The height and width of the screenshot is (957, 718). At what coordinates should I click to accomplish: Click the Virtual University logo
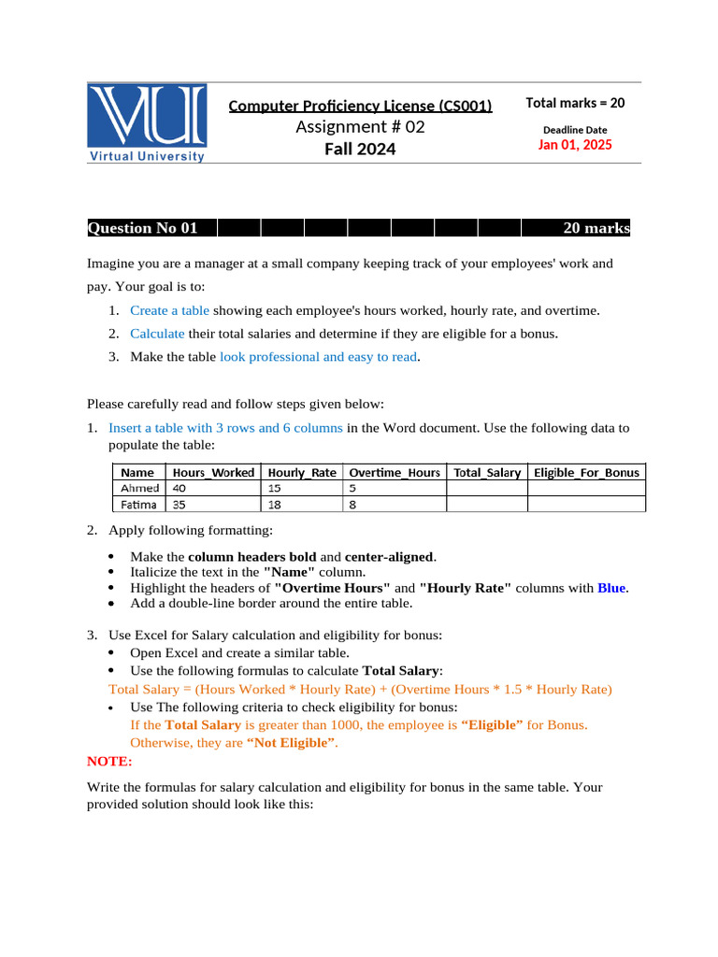[x=147, y=122]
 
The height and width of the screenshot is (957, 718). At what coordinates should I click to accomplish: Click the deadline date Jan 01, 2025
[x=575, y=145]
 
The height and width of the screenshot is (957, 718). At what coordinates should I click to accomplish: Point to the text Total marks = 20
[x=575, y=103]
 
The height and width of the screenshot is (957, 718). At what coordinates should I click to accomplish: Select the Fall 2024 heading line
[x=360, y=149]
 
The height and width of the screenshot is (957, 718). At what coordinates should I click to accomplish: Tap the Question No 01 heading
[x=143, y=228]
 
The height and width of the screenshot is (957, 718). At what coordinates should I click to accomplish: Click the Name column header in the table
[x=138, y=473]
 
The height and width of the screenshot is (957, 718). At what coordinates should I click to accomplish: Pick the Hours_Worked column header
[x=213, y=473]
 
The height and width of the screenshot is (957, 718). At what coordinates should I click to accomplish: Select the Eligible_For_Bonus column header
[x=586, y=473]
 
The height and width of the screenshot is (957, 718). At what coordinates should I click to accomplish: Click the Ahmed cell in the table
[x=140, y=488]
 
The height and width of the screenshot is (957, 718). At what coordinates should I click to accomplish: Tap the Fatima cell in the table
[x=140, y=504]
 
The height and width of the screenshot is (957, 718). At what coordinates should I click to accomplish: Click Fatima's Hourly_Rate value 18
[x=275, y=504]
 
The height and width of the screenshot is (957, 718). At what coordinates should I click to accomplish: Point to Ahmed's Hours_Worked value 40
[x=180, y=488]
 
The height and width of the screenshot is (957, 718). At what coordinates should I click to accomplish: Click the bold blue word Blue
[x=611, y=588]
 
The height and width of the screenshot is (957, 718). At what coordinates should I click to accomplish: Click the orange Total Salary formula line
[x=360, y=690]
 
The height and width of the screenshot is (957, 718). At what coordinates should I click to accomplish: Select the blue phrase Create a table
[x=169, y=310]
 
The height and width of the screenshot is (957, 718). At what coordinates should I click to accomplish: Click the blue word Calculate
[x=157, y=333]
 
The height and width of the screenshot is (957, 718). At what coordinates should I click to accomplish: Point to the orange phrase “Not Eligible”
[x=290, y=744]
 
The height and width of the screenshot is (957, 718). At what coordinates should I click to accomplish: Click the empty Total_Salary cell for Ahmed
[x=486, y=488]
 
